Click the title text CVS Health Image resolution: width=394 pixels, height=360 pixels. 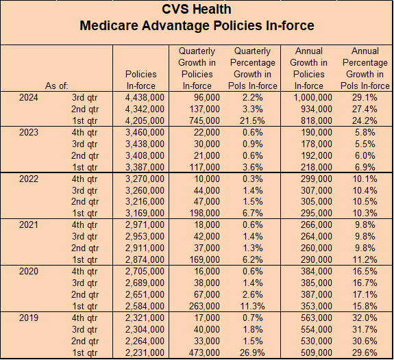(x=197, y=10)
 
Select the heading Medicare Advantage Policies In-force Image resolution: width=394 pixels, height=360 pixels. (x=197, y=25)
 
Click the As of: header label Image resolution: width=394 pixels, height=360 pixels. (x=57, y=86)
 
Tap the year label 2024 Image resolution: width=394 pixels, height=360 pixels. (x=29, y=97)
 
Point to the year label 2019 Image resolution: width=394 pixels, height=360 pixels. (x=29, y=318)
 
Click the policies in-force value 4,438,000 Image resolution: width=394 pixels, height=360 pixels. (x=145, y=97)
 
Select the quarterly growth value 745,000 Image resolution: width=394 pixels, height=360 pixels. (x=205, y=120)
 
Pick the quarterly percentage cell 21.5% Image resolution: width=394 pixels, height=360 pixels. (x=252, y=120)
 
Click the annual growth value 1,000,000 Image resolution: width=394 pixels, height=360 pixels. (x=313, y=97)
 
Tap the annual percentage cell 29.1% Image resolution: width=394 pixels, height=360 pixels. (x=365, y=97)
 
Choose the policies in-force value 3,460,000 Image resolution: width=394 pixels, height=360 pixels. (x=145, y=132)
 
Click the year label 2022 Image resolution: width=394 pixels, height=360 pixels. (x=29, y=179)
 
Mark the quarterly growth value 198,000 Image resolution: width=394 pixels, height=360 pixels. (x=205, y=213)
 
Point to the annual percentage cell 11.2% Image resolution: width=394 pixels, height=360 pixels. (x=365, y=259)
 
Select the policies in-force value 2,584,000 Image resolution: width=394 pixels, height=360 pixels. (x=145, y=307)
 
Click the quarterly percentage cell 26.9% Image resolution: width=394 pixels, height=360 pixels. (x=252, y=352)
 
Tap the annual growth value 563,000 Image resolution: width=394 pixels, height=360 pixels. (x=317, y=318)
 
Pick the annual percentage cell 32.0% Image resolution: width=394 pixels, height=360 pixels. (x=365, y=318)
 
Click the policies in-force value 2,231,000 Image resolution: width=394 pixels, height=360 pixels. (x=145, y=352)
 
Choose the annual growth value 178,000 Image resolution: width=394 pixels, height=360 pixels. (x=317, y=144)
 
